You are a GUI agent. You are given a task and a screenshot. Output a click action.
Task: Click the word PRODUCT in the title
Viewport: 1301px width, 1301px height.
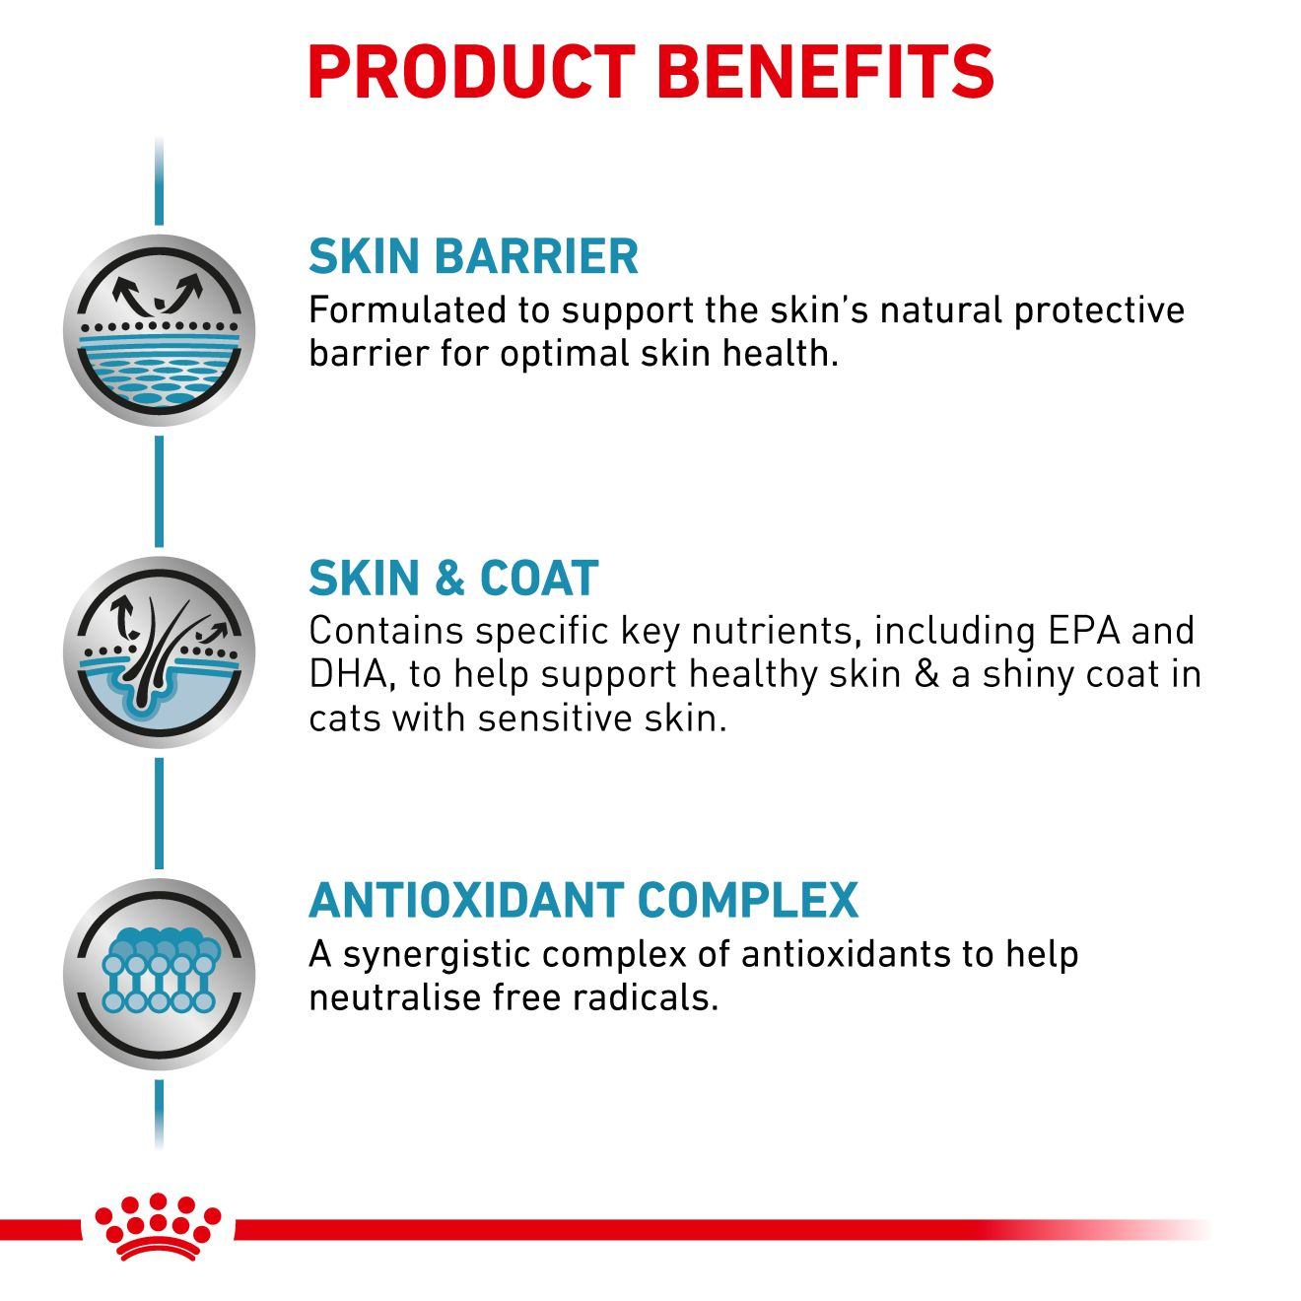[471, 71]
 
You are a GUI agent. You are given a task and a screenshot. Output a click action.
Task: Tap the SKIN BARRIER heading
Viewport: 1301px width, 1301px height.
[473, 256]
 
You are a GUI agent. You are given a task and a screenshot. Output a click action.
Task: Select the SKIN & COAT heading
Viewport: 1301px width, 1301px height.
[453, 578]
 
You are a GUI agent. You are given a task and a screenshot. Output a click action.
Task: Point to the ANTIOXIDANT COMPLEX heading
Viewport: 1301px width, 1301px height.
[583, 900]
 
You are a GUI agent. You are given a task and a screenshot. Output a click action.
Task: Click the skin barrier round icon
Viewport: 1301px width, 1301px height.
[159, 330]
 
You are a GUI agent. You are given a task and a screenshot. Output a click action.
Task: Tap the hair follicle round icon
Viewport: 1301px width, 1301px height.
[159, 651]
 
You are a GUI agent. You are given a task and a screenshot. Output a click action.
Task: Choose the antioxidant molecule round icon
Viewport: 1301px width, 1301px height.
[159, 974]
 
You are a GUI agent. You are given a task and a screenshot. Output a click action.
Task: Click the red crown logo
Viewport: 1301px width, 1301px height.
[157, 1226]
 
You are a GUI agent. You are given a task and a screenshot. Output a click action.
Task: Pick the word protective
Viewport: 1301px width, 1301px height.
[1099, 310]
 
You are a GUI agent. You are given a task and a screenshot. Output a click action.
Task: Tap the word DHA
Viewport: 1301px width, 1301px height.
[346, 675]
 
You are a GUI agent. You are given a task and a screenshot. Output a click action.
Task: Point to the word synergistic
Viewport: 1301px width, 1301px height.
[441, 954]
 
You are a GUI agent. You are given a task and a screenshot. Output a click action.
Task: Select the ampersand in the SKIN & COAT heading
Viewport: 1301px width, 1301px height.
[450, 579]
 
